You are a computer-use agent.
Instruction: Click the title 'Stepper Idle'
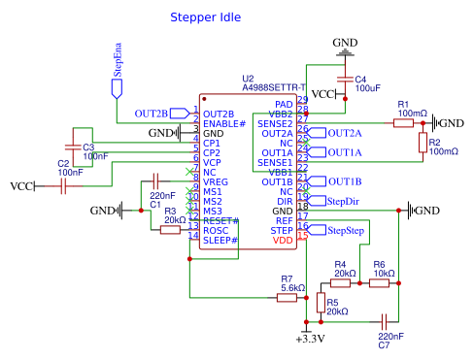pos(205,17)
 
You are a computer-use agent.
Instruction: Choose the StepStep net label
pos(343,231)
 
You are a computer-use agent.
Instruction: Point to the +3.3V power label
pos(308,339)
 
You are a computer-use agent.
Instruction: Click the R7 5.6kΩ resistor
pos(287,298)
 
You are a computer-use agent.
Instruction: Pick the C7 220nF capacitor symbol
pos(385,320)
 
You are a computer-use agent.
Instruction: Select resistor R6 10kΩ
pos(379,283)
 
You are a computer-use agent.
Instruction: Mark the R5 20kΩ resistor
pos(322,303)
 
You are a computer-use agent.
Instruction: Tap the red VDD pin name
pos(283,240)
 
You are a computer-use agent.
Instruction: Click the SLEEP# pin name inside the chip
pos(220,240)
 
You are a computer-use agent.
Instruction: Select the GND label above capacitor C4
pos(345,44)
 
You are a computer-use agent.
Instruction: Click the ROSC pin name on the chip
pos(216,230)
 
